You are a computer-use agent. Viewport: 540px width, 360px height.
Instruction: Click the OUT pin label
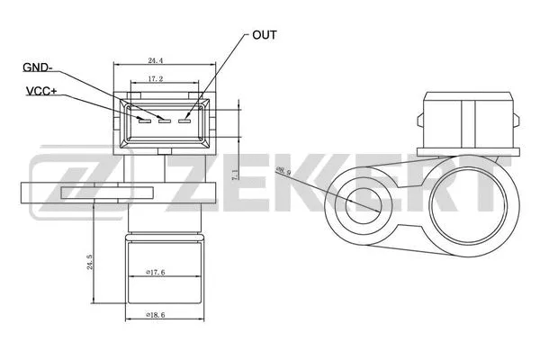264,35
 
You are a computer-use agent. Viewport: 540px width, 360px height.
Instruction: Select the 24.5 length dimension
90,262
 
